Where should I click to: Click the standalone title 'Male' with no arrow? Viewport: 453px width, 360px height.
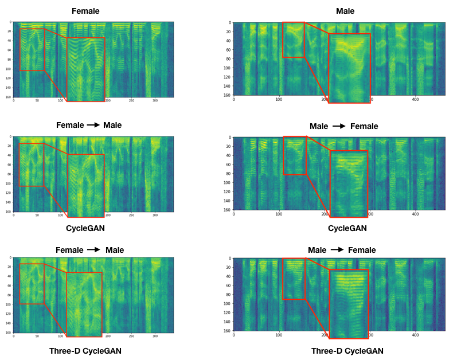pos(345,11)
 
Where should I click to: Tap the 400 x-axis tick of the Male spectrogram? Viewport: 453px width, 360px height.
pos(415,100)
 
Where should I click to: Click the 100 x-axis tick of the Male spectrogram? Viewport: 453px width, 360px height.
pos(279,100)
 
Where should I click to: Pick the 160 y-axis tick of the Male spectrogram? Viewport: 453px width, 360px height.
pos(228,95)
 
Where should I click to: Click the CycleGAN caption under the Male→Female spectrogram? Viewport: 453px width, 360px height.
pos(347,228)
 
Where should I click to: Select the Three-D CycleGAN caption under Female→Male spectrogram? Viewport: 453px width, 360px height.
pos(85,351)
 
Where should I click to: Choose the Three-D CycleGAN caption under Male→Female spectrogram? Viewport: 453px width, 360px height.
pos(347,351)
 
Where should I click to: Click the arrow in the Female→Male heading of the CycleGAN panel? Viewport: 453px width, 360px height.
pos(93,125)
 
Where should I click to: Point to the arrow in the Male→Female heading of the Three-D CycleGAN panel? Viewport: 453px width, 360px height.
pos(338,250)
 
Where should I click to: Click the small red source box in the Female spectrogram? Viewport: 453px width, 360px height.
pos(32,50)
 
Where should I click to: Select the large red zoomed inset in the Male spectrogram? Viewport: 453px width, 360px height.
pos(349,68)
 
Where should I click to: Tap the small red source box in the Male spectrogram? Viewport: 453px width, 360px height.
pos(294,40)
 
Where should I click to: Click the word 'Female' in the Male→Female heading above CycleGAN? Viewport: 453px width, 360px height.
pos(364,126)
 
